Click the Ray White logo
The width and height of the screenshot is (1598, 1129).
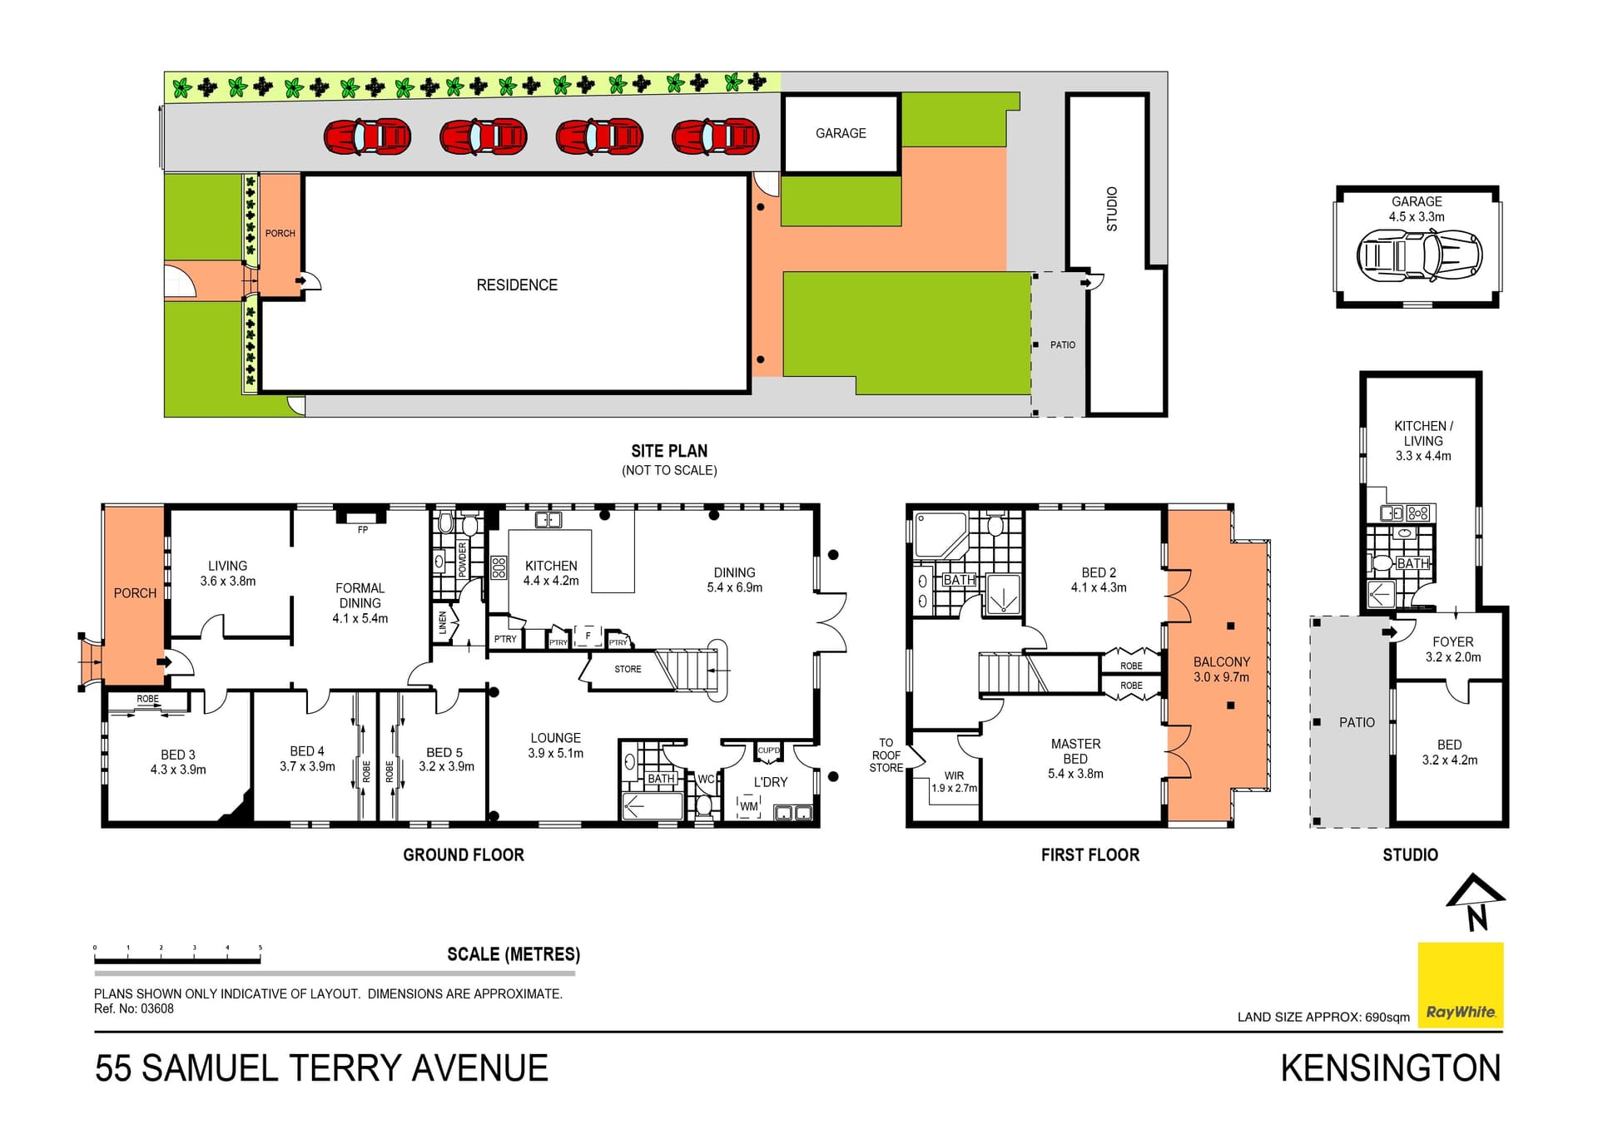1461,985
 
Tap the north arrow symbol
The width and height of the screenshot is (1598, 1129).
1476,902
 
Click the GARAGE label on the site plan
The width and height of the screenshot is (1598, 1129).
841,133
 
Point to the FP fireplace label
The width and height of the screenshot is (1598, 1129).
363,530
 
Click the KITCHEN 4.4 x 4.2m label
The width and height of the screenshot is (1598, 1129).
551,573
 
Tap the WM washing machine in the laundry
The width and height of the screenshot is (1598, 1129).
749,806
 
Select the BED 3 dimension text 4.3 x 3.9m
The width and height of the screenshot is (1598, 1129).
178,770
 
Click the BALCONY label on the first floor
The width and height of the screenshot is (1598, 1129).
1222,662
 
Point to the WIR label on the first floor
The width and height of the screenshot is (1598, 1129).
954,775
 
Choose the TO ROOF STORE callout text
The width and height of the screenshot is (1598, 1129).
886,755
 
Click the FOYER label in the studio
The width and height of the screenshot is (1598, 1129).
1453,642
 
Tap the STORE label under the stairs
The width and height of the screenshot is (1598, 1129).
628,669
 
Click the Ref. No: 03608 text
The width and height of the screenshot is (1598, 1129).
134,1009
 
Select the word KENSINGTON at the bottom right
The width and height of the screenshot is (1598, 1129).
1391,1068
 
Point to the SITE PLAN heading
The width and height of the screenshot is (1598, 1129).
669,451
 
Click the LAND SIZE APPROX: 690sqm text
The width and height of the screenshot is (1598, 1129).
1323,1017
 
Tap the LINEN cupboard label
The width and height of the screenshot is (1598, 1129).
443,623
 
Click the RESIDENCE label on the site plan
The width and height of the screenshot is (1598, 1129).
517,285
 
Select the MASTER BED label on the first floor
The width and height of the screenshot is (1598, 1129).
1075,751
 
